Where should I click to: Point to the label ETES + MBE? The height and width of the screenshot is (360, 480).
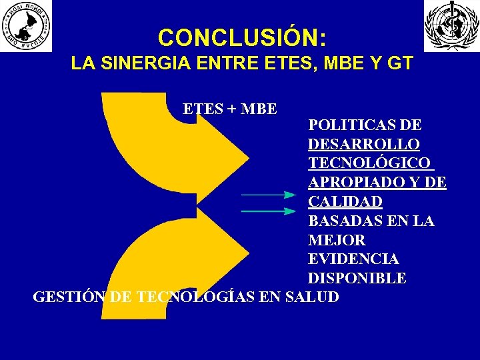[230, 109]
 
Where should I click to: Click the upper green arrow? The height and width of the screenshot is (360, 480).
[268, 195]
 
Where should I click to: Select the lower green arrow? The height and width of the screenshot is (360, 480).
[268, 212]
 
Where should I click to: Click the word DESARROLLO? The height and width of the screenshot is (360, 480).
[364, 144]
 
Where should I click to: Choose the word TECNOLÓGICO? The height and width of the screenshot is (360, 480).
[369, 163]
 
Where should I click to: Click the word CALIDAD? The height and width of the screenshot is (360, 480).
[345, 201]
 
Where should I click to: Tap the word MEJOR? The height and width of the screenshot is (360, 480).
[337, 239]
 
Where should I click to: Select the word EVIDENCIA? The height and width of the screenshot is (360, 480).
[353, 259]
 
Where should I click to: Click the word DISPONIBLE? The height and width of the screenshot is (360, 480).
[357, 278]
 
